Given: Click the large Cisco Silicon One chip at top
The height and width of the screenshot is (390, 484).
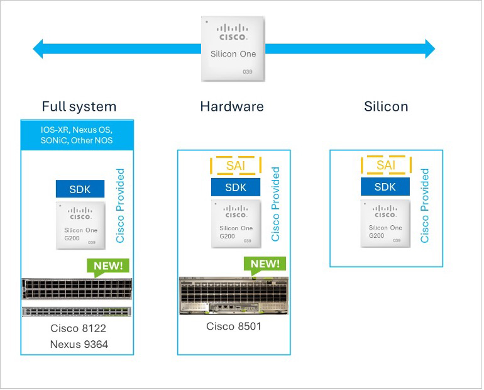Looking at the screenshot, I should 233,48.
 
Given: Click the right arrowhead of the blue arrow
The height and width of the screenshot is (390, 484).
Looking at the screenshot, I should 428,48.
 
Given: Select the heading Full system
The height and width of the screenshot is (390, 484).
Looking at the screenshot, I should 79,106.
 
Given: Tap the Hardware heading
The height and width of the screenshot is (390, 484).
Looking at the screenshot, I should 232,106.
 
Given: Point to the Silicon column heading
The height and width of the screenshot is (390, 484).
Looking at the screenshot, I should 386,106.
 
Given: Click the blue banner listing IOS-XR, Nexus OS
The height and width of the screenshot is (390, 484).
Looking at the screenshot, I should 77,135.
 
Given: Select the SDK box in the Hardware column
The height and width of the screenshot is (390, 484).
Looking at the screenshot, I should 236,187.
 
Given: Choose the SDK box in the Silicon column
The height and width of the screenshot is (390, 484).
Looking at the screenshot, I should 385,187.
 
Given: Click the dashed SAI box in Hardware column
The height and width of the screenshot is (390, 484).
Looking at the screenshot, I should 236,165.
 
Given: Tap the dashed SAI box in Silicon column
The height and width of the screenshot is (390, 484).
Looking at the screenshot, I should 385,165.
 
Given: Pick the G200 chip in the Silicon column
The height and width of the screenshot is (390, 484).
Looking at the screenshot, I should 385,223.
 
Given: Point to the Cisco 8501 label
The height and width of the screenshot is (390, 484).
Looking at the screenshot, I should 233,326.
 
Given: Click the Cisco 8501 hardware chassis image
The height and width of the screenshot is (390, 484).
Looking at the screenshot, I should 233,295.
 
